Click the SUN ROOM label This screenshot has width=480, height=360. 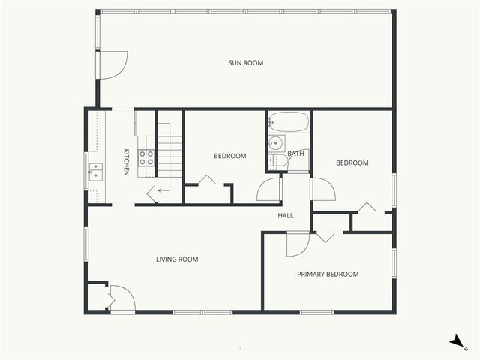coord(246,63)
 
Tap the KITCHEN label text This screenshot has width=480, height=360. coord(127,163)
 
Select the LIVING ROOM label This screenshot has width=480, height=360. coord(177,259)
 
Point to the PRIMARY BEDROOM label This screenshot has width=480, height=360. coord(328,274)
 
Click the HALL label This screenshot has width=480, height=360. coord(286,216)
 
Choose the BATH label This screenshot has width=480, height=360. coord(296,154)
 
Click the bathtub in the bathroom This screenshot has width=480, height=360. coord(288,121)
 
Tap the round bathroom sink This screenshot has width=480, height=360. coord(275,142)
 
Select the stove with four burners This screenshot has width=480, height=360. coord(146,157)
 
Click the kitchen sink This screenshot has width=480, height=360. coord(96,172)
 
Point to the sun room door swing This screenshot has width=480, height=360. coord(113,64)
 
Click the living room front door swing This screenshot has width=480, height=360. coord(122,298)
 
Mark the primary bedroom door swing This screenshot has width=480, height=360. coord(297,244)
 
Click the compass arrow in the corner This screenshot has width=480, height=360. coord(457,341)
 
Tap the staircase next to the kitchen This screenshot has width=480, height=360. coord(169,157)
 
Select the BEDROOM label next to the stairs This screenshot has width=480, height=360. coord(230,156)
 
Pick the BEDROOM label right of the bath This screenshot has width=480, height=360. coord(352,163)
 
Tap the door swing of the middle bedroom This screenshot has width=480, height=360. coord(268,190)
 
